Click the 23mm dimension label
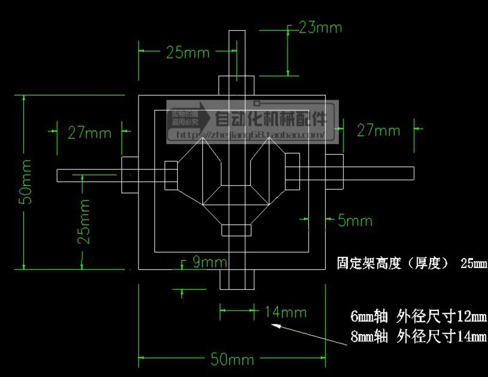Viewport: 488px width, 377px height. [x=320, y=28]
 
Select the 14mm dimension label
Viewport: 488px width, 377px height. [x=286, y=312]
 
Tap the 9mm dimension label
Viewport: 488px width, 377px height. [x=210, y=262]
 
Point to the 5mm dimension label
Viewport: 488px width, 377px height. [x=355, y=221]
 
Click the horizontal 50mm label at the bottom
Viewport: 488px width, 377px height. [x=232, y=359]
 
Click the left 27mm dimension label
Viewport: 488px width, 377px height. [x=89, y=133]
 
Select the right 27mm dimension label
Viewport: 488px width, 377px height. [x=378, y=131]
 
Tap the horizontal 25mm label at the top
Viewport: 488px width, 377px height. [x=188, y=53]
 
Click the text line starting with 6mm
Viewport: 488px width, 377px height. [x=418, y=316]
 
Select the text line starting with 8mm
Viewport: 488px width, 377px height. [x=418, y=336]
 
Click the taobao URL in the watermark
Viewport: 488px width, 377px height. [x=250, y=134]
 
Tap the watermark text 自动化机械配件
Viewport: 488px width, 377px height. [x=271, y=118]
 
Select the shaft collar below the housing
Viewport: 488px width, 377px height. [x=237, y=279]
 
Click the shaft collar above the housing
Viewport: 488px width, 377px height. [x=236, y=85]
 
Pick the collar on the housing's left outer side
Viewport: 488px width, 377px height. [x=130, y=175]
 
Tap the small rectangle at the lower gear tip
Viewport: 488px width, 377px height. [x=236, y=230]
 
